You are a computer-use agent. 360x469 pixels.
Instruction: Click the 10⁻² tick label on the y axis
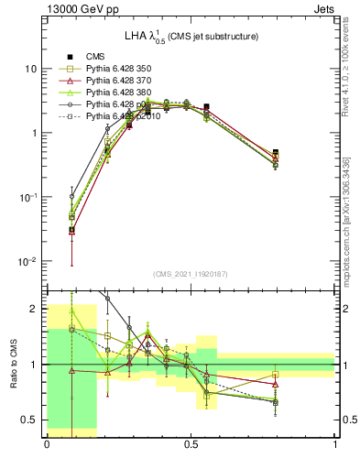[29, 261]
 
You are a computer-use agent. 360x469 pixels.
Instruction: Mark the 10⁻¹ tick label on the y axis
[29, 197]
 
